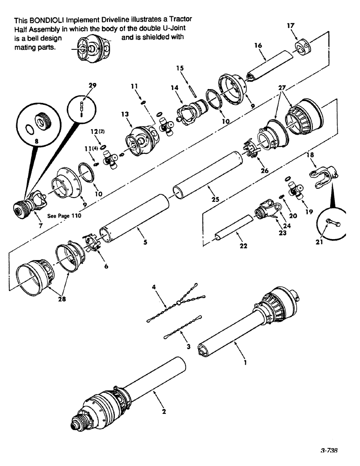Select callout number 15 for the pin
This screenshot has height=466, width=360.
click(x=180, y=68)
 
